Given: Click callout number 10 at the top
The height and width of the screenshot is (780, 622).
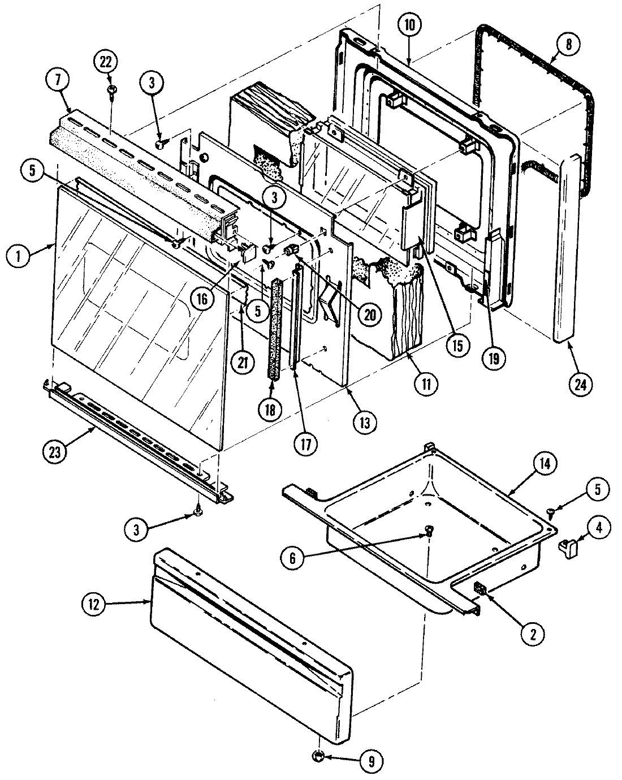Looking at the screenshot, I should (x=410, y=25).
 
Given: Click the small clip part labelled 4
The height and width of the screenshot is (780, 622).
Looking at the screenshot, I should (x=567, y=547).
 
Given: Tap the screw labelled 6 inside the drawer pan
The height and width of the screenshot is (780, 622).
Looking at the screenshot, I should (x=430, y=530).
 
